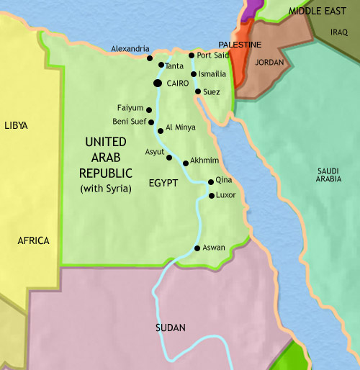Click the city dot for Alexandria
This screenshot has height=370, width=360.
coord(149,58)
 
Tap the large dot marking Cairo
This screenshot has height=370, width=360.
coord(158,84)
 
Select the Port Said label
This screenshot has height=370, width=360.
coord(212,55)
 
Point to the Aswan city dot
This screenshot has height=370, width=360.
coord(197,248)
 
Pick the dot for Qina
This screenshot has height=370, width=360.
coord(210,182)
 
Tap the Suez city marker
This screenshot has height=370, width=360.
coord(197,91)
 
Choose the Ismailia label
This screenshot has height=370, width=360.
coord(214,74)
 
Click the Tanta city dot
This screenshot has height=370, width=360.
coord(161,66)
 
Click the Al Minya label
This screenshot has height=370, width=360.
coord(180,127)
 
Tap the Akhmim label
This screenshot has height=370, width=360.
coord(205,162)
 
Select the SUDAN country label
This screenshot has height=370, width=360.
coord(171,328)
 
